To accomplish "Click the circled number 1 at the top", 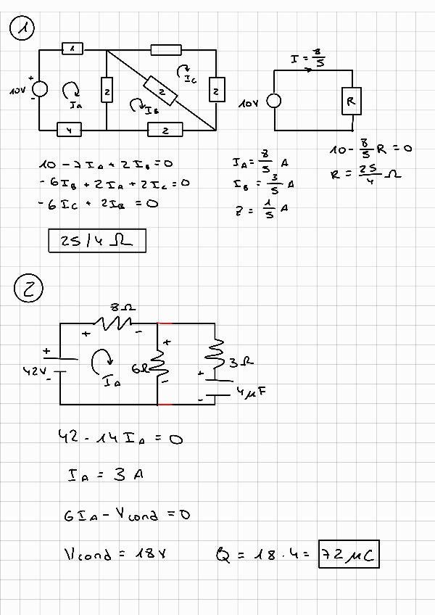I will tap(24, 29).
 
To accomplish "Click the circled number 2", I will tap(28, 291).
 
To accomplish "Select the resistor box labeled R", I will tap(351, 102).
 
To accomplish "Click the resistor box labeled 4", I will tap(69, 130).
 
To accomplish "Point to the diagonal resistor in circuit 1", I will tap(162, 91).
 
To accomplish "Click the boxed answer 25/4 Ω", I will tap(97, 242).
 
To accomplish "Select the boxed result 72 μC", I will tap(348, 556).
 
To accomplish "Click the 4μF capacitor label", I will tap(248, 392).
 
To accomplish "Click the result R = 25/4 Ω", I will tap(365, 174).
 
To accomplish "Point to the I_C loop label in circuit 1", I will tap(186, 75).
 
